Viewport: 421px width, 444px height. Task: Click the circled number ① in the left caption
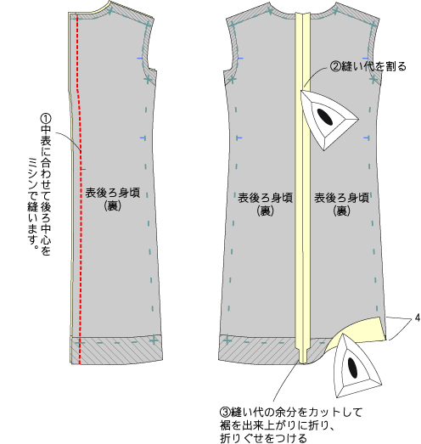[46, 119]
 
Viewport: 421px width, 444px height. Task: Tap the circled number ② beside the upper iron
[335, 66]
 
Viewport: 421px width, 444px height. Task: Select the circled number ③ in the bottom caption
[226, 412]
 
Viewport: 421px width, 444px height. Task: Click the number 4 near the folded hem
[417, 318]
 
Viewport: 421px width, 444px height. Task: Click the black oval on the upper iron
[325, 116]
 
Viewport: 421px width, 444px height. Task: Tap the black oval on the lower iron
[352, 368]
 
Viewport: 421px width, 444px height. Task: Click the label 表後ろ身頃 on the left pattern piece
[113, 193]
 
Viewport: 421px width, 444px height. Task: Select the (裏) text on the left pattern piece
[113, 205]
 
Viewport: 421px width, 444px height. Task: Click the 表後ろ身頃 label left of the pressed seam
[265, 198]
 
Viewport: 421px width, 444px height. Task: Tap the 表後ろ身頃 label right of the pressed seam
[342, 198]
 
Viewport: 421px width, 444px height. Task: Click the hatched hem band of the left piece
[116, 350]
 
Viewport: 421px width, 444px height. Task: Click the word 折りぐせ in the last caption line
[242, 438]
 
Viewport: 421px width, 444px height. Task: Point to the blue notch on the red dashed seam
[83, 169]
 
